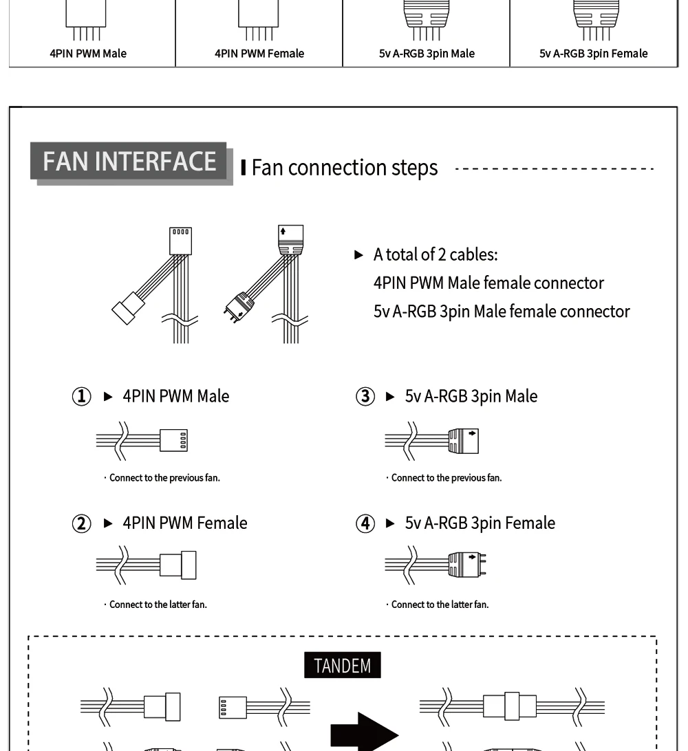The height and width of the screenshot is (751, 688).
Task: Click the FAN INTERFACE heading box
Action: point(129,161)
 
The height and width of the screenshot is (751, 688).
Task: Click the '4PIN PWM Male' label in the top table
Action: point(88,54)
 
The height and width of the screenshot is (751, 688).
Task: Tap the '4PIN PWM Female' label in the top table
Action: point(258,54)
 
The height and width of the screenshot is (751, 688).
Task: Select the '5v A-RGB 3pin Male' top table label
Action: point(427,54)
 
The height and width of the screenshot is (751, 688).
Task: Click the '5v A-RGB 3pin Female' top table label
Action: point(593,54)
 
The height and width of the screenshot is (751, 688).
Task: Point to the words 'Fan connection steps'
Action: point(344,168)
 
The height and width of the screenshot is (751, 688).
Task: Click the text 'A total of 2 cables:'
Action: point(436,254)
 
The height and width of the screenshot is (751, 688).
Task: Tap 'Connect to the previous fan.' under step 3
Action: point(447,479)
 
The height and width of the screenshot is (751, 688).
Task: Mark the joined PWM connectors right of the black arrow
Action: point(510,706)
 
